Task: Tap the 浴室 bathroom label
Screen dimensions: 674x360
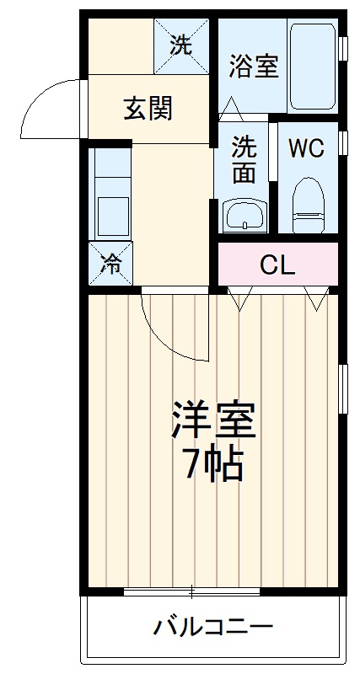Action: [x=254, y=67]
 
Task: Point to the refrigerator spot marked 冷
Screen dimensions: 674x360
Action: [x=110, y=261]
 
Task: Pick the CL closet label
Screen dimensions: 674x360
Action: [x=277, y=265]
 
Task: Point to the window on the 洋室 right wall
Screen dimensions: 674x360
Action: [x=342, y=388]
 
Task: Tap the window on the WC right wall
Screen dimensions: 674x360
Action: [x=342, y=142]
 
